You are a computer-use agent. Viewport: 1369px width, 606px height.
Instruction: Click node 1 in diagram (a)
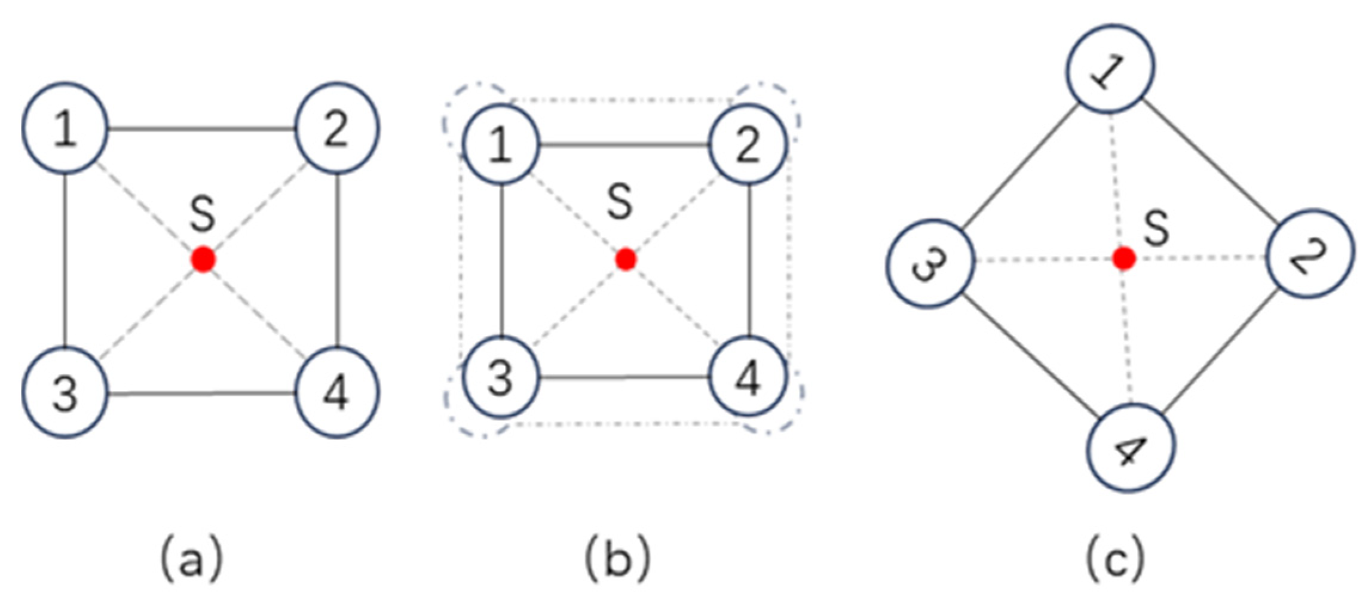tap(66, 128)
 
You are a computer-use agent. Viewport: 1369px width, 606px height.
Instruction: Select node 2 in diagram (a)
tap(337, 128)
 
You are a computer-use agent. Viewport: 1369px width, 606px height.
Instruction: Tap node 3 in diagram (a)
tap(66, 392)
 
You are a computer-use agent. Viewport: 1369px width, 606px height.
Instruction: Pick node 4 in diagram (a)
tap(337, 392)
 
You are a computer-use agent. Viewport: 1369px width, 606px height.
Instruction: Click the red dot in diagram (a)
tap(203, 260)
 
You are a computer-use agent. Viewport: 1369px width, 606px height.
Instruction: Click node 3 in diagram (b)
tap(501, 377)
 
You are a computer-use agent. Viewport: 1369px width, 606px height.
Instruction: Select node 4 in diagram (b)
tap(748, 377)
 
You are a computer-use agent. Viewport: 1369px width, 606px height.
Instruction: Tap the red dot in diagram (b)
tap(626, 259)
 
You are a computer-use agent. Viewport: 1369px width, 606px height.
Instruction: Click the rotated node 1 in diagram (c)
tap(1110, 69)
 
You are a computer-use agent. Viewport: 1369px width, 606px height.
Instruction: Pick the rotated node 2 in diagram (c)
tap(1310, 253)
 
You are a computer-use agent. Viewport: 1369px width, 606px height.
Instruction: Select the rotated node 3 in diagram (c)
tap(930, 263)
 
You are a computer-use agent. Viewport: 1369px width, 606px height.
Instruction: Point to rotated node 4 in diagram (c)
tap(1131, 448)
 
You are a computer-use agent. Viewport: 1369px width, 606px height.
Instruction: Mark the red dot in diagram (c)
tap(1124, 259)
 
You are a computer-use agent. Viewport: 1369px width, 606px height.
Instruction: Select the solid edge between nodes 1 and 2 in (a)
tap(202, 128)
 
